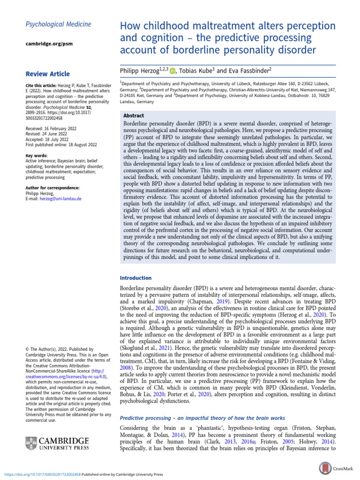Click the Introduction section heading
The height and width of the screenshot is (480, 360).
[x=136, y=278]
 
